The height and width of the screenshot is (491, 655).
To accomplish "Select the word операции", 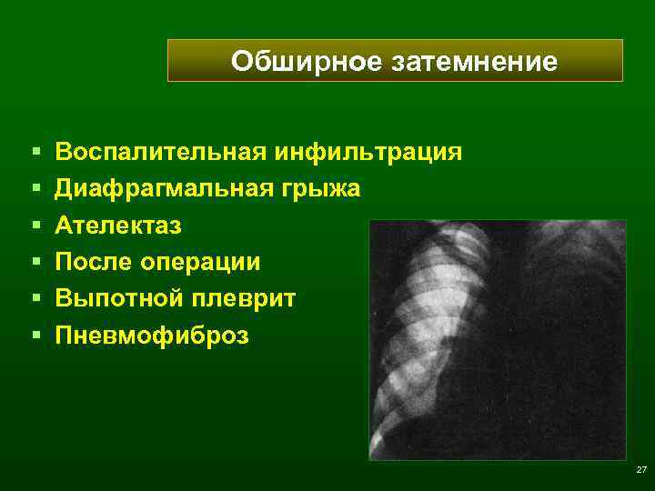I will [x=201, y=263].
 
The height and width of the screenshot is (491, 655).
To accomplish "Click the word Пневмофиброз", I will [x=151, y=336].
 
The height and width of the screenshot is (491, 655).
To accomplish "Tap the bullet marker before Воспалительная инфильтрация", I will [x=34, y=151].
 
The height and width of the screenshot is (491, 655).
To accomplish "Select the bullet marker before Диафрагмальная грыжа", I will [x=34, y=188].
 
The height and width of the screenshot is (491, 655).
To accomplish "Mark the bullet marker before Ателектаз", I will [x=34, y=225].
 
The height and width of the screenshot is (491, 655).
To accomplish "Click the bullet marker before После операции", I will [x=34, y=263].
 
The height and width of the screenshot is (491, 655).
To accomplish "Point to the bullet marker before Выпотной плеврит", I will [x=34, y=299].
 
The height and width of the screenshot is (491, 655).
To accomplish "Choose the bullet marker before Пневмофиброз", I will [x=34, y=336].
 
